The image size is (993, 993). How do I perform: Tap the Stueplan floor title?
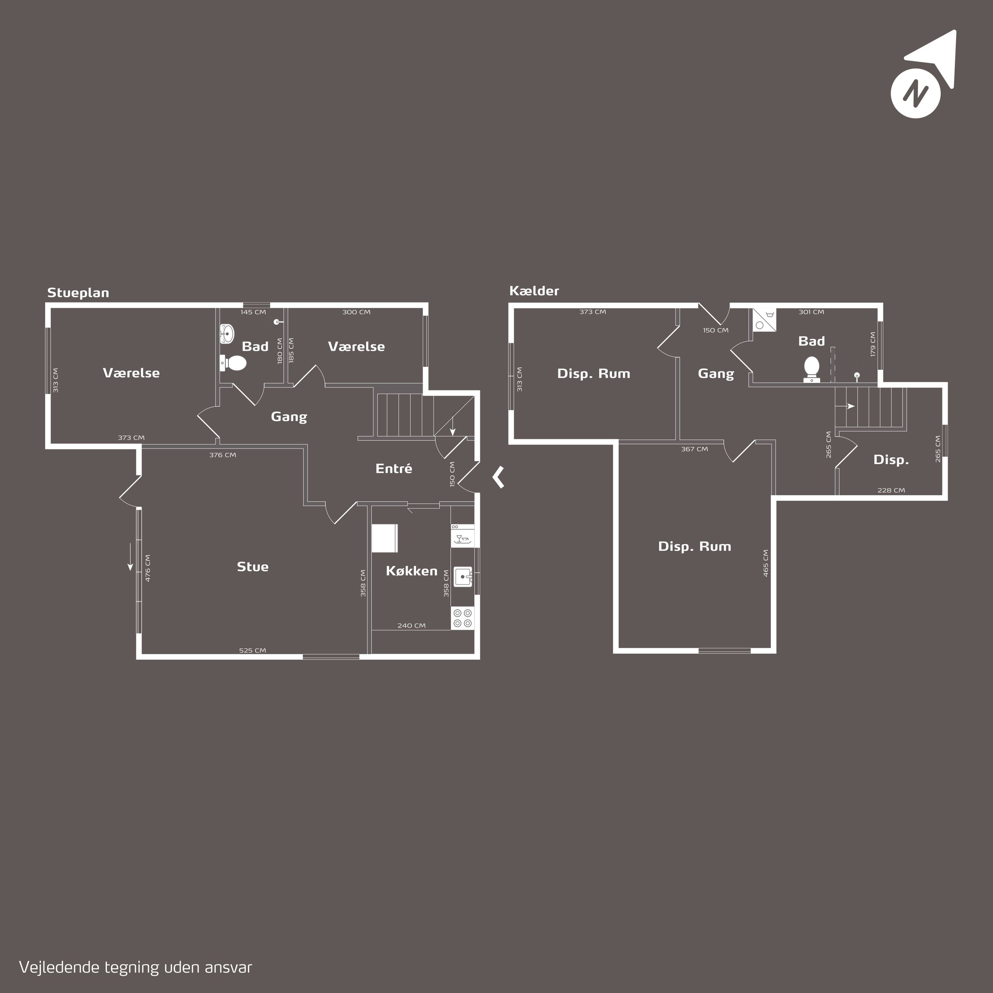click(78, 293)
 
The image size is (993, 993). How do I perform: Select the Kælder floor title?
click(534, 291)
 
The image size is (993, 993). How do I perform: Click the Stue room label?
click(252, 566)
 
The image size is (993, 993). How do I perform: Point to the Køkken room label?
click(411, 571)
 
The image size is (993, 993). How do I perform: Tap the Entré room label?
click(394, 468)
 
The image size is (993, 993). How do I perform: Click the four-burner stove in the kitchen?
click(463, 618)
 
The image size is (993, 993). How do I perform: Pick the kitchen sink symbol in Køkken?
click(464, 577)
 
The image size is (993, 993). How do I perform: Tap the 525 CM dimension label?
click(252, 650)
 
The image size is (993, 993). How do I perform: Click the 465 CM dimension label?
click(766, 563)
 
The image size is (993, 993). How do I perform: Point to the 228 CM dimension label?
click(891, 490)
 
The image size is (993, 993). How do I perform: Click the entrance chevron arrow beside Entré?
click(498, 477)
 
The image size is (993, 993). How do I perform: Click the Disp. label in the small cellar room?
click(891, 460)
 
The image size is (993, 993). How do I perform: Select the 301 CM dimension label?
click(811, 312)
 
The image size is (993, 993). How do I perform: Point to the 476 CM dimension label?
click(148, 568)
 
